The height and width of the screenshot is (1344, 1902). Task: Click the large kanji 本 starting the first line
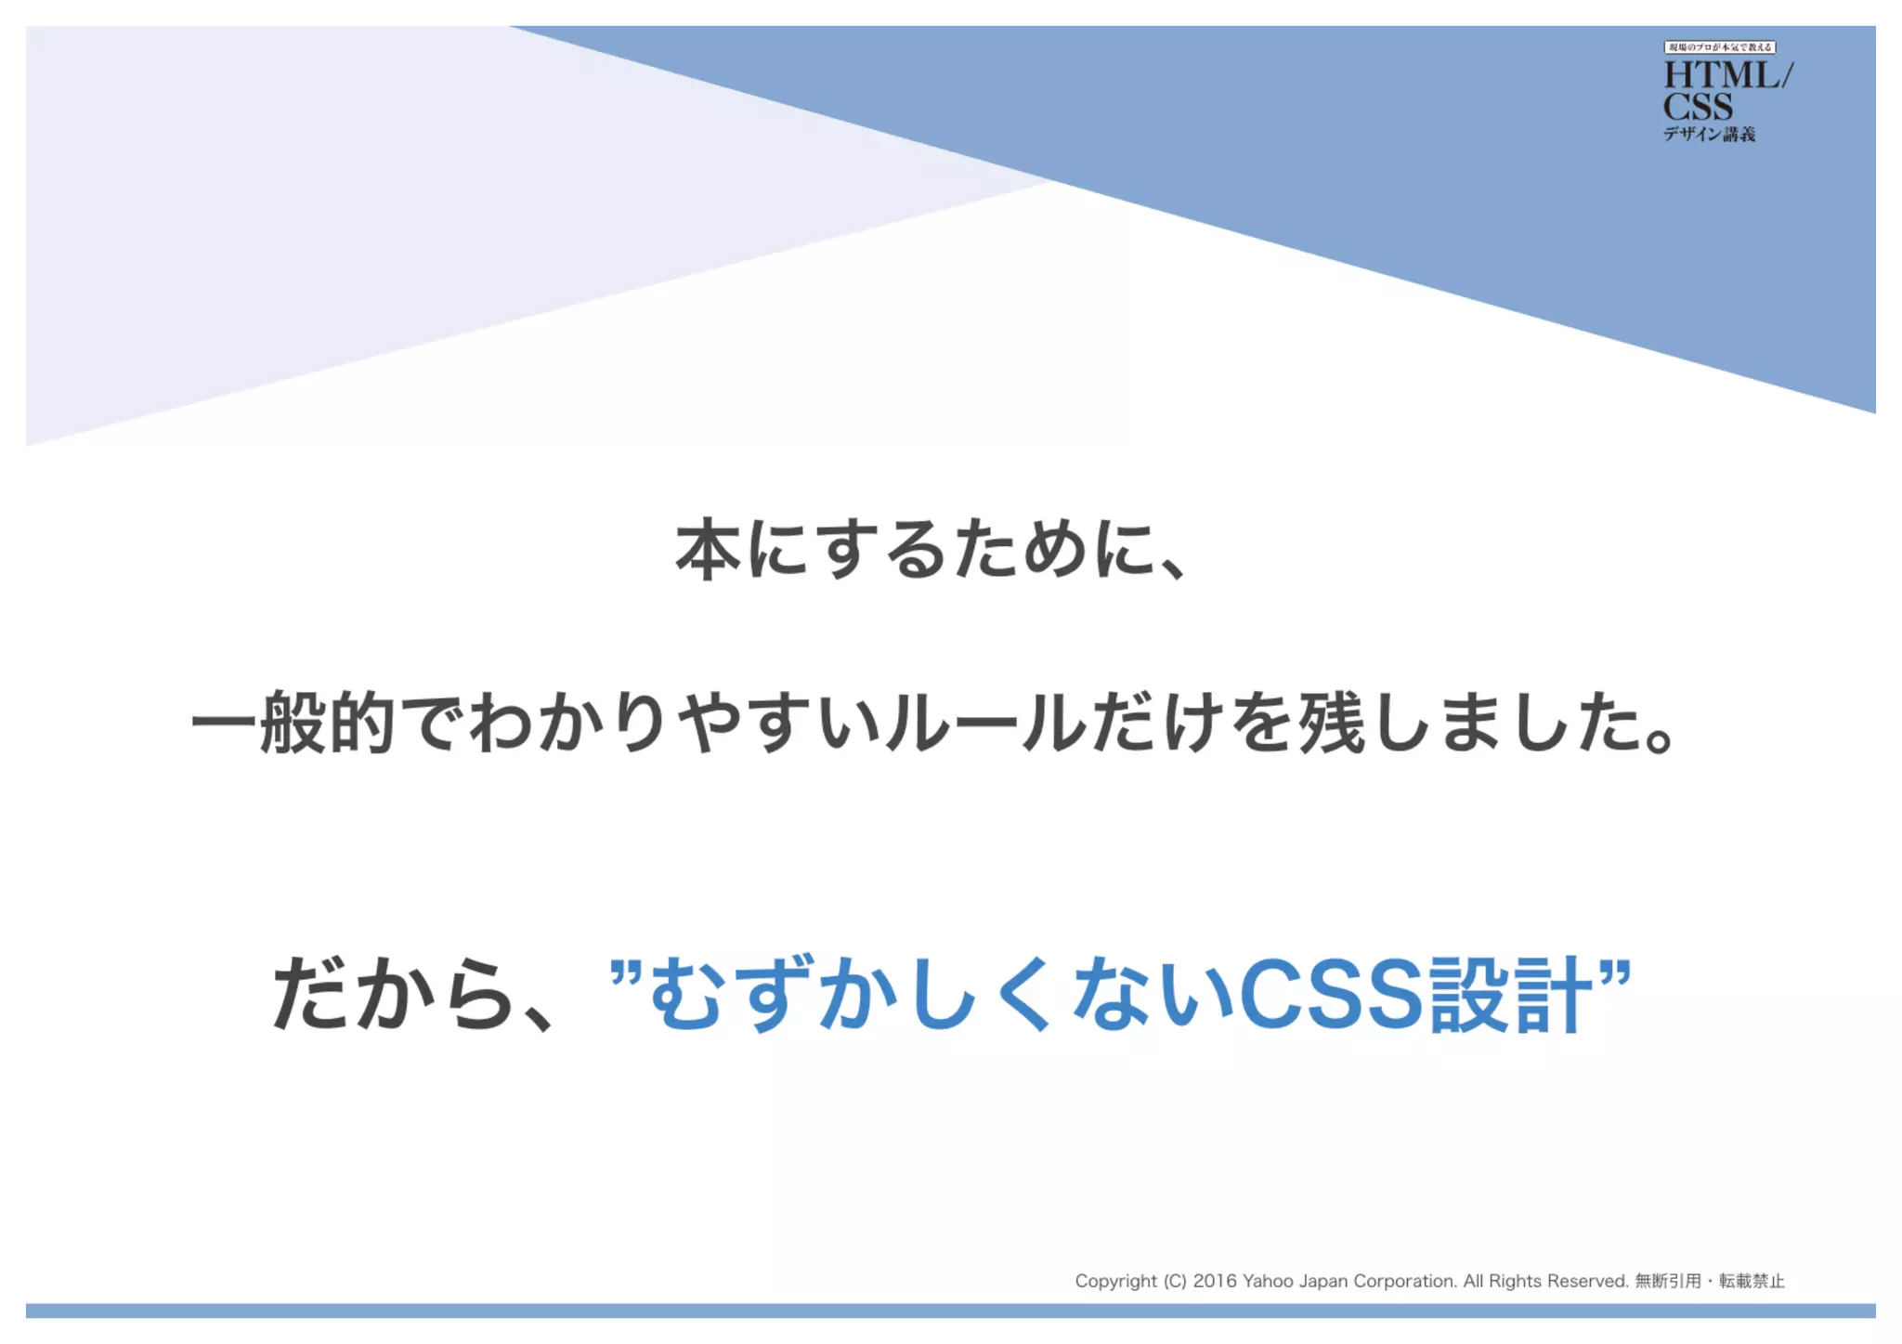tap(709, 550)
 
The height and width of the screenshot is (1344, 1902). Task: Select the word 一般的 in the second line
tap(294, 723)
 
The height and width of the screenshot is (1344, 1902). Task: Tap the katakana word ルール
tap(985, 723)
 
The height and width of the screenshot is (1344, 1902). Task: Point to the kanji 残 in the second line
tap(1332, 723)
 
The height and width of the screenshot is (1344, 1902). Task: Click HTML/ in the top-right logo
tap(1727, 75)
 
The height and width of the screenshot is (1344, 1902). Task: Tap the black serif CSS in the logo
tap(1698, 107)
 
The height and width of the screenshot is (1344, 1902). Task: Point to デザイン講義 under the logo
tap(1709, 135)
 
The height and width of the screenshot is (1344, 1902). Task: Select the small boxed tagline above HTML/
tap(1719, 47)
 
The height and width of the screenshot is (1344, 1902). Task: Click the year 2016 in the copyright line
tap(1215, 1282)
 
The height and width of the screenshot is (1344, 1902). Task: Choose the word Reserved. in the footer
tap(1587, 1282)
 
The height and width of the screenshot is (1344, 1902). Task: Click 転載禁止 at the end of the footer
tap(1752, 1282)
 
